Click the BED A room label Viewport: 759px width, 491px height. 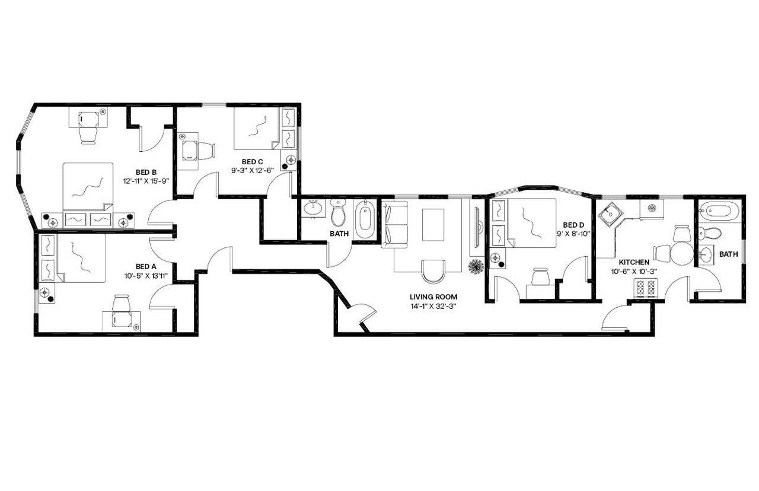click(x=146, y=266)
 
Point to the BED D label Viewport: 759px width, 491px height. click(x=573, y=225)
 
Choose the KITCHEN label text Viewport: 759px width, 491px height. click(x=634, y=262)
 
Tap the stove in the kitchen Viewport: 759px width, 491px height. click(x=646, y=289)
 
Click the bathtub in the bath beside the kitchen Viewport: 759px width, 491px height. click(x=719, y=211)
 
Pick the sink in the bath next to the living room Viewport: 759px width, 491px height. click(x=312, y=209)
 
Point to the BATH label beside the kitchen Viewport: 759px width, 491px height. click(x=728, y=254)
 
